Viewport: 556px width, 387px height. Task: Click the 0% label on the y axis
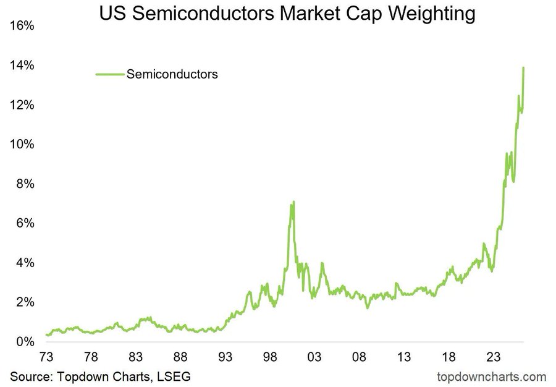coord(25,342)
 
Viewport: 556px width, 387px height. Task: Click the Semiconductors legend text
coord(172,74)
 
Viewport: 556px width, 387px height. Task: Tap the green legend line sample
coord(109,74)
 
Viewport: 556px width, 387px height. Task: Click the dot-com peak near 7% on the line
coord(293,202)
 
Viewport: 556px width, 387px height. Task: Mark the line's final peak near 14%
coord(523,67)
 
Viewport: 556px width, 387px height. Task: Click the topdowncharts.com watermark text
coord(492,376)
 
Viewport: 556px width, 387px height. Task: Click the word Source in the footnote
coord(30,376)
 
